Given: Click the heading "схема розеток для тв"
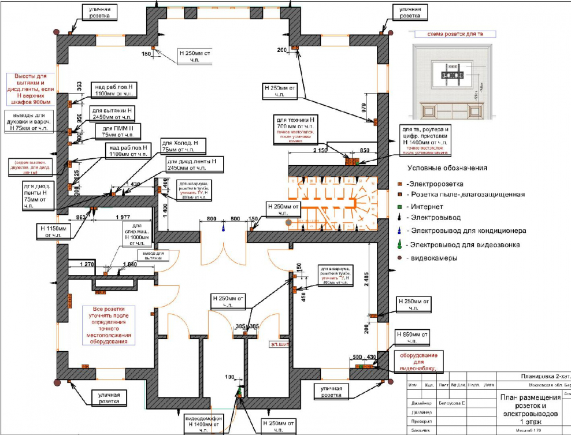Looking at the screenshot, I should click(x=454, y=35).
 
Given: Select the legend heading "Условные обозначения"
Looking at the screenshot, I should click(x=447, y=168).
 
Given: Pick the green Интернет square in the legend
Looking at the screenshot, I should click(x=399, y=206).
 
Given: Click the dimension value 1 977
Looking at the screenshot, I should click(x=121, y=218).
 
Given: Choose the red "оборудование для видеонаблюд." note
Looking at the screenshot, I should click(x=420, y=361).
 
